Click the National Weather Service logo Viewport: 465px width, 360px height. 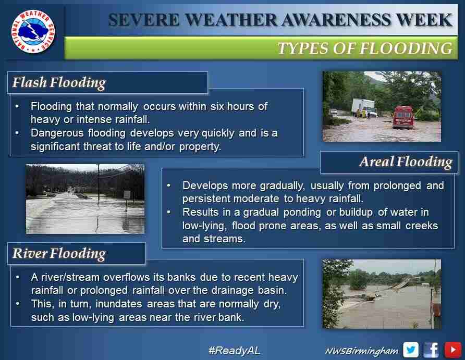pos(33,31)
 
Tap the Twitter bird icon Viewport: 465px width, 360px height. pos(411,350)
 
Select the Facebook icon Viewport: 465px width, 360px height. pos(431,350)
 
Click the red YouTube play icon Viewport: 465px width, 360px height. pos(452,350)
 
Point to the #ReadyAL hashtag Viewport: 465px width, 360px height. pos(234,351)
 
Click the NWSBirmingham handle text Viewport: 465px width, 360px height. pos(361,351)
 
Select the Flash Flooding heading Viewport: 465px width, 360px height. pos(59,82)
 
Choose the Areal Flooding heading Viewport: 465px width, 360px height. pos(406,162)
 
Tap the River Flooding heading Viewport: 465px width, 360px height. pos(59,254)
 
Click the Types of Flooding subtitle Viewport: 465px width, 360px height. pos(365,48)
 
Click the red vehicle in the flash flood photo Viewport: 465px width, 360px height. pos(403,117)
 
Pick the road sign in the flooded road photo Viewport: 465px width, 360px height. pos(127,195)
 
